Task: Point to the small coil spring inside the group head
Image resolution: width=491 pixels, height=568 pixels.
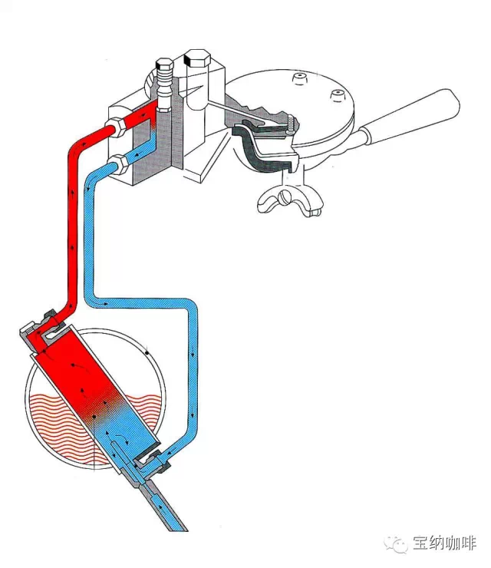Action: pos(290,125)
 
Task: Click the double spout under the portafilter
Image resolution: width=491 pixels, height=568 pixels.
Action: pos(292,201)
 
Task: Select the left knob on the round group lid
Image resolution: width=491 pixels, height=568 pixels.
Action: pos(298,78)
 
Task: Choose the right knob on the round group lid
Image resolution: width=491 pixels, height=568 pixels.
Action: pos(334,94)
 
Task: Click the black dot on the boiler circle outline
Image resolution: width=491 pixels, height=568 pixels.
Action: pos(146,353)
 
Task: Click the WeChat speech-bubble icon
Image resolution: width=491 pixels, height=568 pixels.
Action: pos(397,543)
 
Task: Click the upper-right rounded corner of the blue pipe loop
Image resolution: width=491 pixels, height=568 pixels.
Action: pos(189,306)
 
